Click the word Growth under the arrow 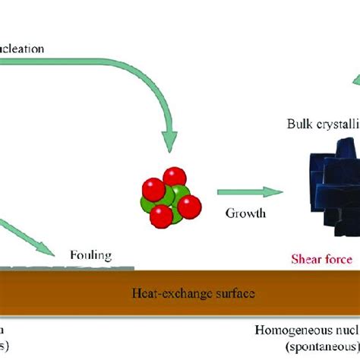point(245,213)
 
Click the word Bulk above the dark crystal point(300,123)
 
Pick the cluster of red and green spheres point(169,201)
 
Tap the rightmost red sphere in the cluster point(189,205)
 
